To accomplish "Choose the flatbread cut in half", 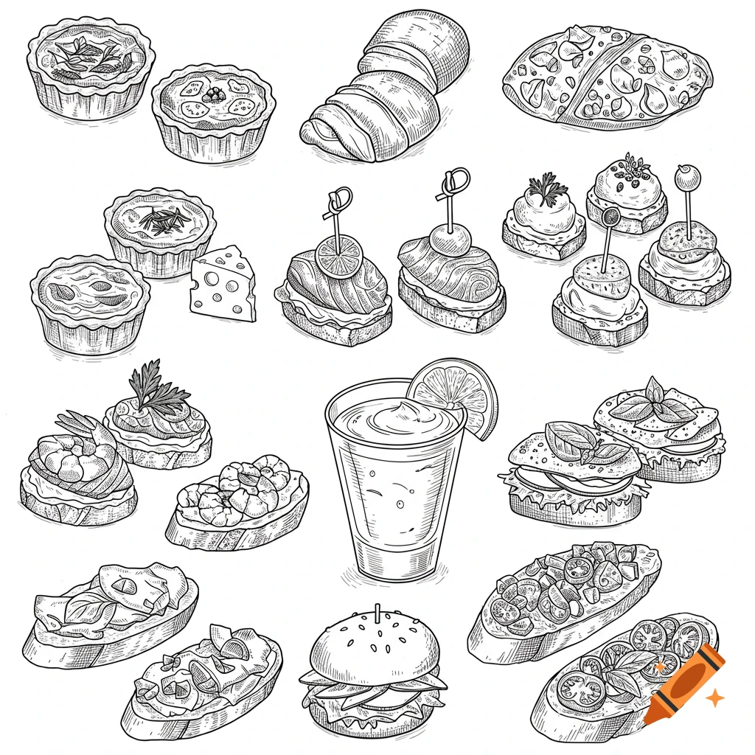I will click(606, 76).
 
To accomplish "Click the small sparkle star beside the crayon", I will click(714, 697).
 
